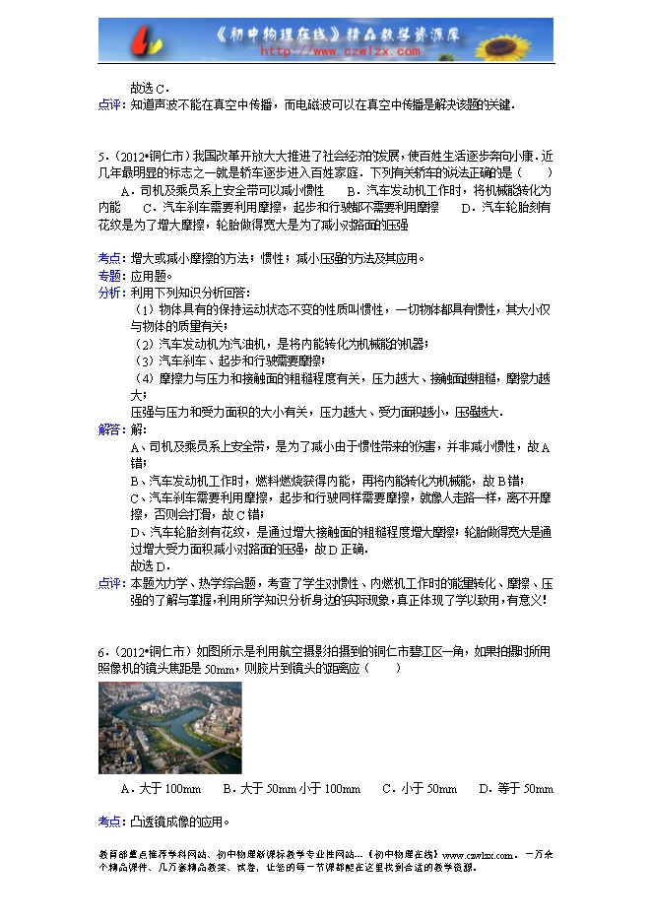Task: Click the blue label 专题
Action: coord(109,276)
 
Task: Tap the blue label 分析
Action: coord(109,293)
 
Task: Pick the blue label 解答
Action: coord(109,429)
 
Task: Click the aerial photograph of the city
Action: coord(169,727)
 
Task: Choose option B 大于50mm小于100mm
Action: coord(291,789)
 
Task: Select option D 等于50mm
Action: coord(516,789)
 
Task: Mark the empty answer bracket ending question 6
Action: coord(383,669)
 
